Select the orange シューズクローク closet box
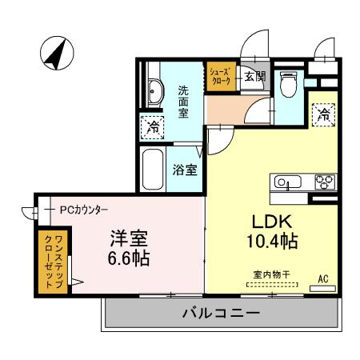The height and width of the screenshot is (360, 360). click(x=220, y=77)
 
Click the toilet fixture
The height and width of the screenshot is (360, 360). click(x=289, y=83)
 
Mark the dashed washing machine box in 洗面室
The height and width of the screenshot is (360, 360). click(x=152, y=126)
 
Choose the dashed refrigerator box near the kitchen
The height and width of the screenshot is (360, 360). click(x=323, y=114)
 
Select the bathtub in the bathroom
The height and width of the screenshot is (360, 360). click(x=152, y=169)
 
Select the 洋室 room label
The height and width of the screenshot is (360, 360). click(x=129, y=239)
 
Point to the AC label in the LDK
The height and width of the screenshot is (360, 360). click(x=323, y=278)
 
